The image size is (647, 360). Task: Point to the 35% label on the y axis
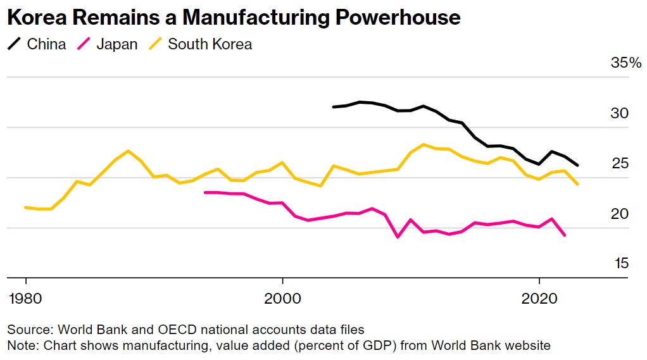626,63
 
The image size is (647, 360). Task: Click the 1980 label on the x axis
25,298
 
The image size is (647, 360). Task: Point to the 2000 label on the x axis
282,298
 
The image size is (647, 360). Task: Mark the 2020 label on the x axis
539,298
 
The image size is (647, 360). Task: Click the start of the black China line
334,107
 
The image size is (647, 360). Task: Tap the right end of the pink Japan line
565,235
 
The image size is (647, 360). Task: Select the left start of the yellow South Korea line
25,207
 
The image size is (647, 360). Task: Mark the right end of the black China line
577,165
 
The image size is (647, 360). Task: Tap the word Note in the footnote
21,345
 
